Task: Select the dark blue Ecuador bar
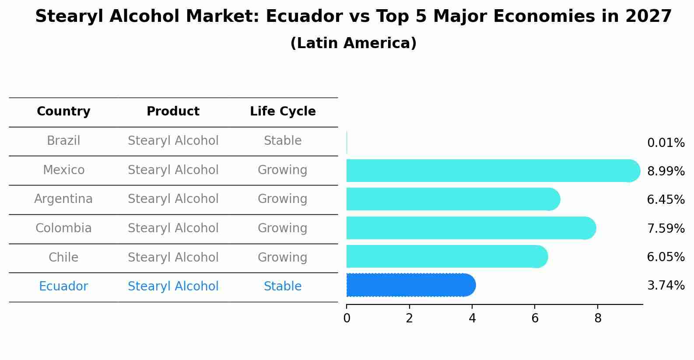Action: [x=410, y=285]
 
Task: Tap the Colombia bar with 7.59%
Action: [x=470, y=228]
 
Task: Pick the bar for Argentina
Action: [x=453, y=199]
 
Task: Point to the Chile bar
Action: [x=446, y=256]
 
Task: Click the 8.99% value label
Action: [x=666, y=171]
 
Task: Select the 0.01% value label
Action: [x=666, y=143]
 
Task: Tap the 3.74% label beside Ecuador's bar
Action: [x=666, y=286]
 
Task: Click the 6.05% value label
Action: [x=666, y=257]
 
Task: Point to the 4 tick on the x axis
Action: [x=472, y=318]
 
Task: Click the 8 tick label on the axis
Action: [x=598, y=318]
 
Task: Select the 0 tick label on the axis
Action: [x=347, y=318]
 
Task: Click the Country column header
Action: [x=63, y=112]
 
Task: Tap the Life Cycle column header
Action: [x=283, y=112]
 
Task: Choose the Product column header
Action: [x=173, y=112]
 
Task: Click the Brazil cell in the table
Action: [x=63, y=141]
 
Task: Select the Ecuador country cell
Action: [x=63, y=287]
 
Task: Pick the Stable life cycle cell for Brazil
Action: [x=283, y=141]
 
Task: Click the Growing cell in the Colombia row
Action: [x=283, y=228]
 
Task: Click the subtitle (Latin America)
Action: [x=353, y=43]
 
